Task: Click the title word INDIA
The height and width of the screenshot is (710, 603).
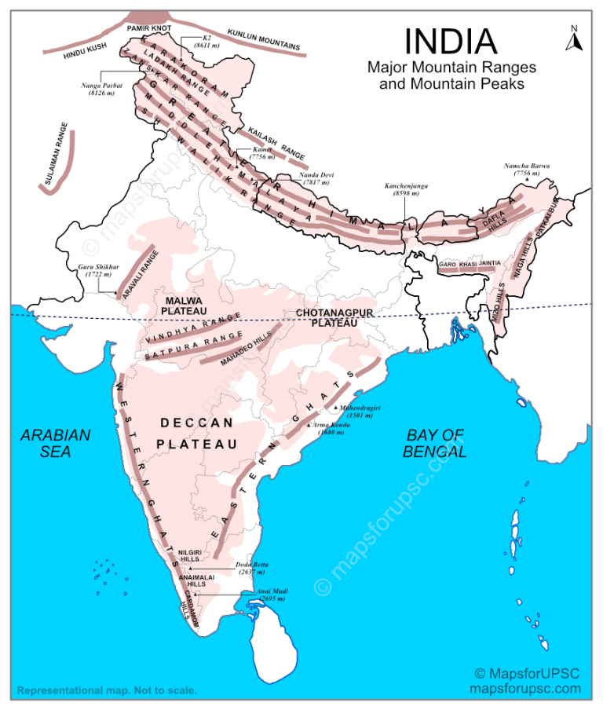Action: click(451, 42)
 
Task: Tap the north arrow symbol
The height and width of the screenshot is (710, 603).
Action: click(574, 38)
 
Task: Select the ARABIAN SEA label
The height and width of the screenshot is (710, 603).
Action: click(56, 443)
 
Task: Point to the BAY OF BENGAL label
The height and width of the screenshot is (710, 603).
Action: click(435, 443)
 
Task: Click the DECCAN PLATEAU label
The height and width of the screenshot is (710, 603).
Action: click(197, 433)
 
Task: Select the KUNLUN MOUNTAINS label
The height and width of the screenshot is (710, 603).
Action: click(263, 40)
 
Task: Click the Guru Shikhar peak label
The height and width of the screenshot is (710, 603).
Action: click(99, 272)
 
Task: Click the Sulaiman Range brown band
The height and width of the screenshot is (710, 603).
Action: click(58, 161)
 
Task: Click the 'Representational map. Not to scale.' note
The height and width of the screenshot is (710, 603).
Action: click(106, 691)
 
